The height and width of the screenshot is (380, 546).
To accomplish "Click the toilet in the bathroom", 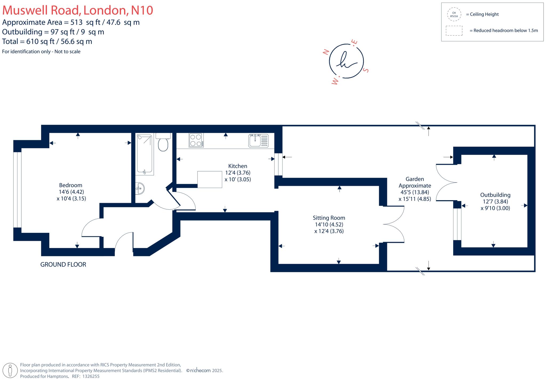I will pos(163,143).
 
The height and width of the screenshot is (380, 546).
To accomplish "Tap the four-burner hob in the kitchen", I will pos(196,140).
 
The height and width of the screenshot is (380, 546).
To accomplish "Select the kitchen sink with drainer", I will pos(258,141).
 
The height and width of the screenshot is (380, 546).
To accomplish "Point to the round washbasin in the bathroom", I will pos(140,188).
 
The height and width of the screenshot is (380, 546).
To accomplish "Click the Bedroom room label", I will pos(71,185).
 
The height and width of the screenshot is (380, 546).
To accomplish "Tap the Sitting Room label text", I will pos(329,218).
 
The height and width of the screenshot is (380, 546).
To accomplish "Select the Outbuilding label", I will pos(495,195).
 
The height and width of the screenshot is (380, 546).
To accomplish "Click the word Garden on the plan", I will pos(415,179).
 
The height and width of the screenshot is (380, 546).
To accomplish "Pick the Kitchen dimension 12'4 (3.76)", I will pos(238,173).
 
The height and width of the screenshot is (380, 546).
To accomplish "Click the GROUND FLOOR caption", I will pos(63,265).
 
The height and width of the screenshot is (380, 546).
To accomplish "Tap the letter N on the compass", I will pos(326,52).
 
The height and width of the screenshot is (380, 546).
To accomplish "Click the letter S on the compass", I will pos(366,70).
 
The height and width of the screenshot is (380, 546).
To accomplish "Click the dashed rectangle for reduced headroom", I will pos(454,31).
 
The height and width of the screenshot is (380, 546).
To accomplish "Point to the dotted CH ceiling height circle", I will pos(454,14).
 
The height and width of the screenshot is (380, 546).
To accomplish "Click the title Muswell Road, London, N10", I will pos(78,10).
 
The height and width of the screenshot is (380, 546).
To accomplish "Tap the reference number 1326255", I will pos(91,376).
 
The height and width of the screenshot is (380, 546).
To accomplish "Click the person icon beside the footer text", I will pos(10,370).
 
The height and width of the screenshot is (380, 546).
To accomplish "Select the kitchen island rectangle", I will pos(210,180).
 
